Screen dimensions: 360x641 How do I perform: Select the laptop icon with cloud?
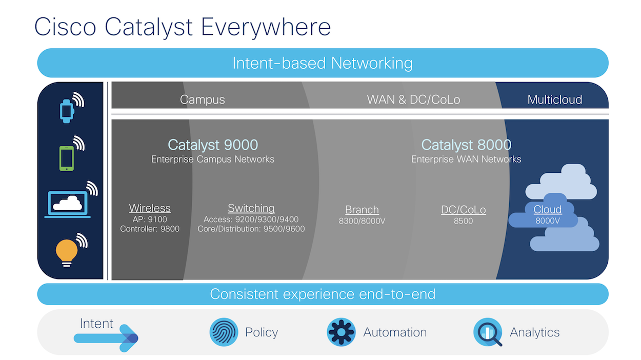[68, 204]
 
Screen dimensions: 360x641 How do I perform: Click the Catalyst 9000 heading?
[213, 145]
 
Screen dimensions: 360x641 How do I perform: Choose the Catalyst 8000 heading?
[466, 145]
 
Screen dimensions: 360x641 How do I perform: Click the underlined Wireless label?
[150, 208]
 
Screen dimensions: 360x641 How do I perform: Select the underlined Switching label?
[251, 208]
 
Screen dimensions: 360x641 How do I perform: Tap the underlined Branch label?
[362, 210]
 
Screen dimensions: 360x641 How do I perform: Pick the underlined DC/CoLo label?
[464, 210]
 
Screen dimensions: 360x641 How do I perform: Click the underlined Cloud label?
[548, 209]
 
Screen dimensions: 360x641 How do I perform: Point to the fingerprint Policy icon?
[224, 332]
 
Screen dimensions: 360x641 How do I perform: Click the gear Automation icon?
[341, 332]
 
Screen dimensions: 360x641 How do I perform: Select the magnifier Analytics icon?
[488, 332]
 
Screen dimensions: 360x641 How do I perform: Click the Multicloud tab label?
[555, 99]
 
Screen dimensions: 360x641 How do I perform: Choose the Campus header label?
[203, 99]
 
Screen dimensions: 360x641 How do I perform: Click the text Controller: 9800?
[150, 229]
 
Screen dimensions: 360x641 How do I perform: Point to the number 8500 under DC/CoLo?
[463, 221]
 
